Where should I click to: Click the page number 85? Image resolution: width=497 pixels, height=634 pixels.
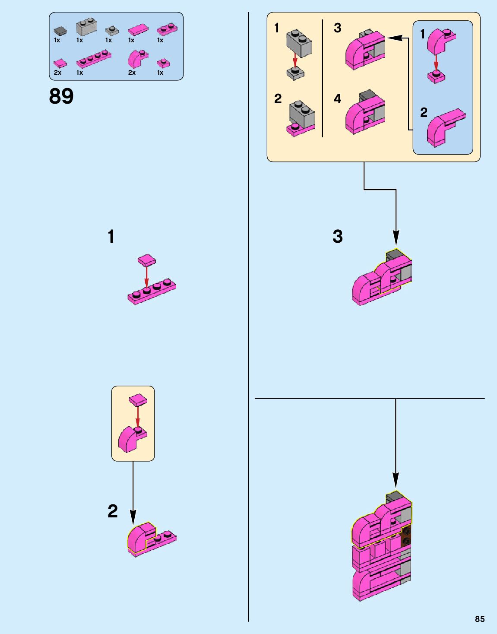tap(480, 619)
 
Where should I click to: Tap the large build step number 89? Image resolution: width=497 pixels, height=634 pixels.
tap(61, 96)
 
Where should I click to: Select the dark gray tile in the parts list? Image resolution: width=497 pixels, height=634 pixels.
tap(60, 31)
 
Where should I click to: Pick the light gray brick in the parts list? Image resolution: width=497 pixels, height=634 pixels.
tap(86, 27)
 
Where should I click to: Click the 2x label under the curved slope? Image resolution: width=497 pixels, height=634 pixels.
tap(132, 73)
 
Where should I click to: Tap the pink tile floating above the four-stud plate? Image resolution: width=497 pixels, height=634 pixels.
tap(147, 260)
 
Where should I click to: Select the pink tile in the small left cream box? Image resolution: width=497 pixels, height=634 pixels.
tap(138, 400)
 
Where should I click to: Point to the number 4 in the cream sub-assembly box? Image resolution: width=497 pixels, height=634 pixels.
tap(337, 99)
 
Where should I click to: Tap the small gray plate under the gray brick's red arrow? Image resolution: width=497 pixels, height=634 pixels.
tap(295, 73)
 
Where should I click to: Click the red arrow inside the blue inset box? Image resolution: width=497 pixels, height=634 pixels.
tap(436, 61)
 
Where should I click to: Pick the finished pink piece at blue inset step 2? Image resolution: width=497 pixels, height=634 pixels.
tap(445, 127)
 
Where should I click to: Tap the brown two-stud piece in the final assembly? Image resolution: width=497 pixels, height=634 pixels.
tap(405, 536)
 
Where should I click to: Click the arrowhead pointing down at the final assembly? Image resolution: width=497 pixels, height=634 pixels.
tap(396, 480)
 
